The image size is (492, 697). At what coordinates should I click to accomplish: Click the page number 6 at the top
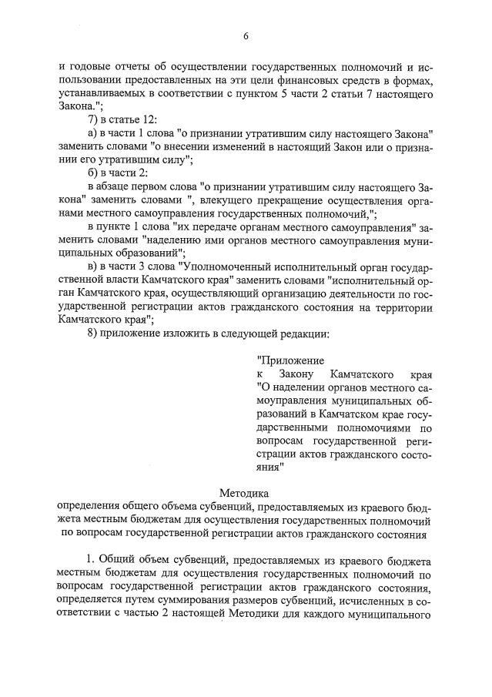246,36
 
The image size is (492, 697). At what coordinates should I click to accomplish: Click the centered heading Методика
245,492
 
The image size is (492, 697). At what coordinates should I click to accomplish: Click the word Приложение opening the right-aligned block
290,360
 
